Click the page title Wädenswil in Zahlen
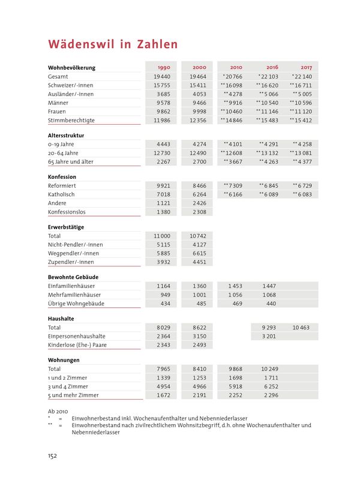(113, 44)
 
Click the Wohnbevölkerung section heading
(71, 68)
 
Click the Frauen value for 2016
(267, 112)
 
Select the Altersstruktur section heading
(65, 136)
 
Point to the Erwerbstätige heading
(65, 227)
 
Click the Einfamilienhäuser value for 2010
(232, 286)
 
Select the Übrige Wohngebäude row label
(74, 304)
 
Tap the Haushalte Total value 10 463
(301, 328)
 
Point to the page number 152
(52, 456)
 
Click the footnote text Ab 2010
(59, 411)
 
